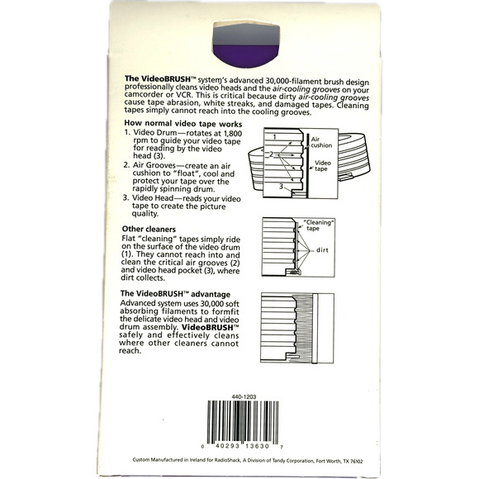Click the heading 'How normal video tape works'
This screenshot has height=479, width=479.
183,124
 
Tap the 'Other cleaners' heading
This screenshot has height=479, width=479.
149,229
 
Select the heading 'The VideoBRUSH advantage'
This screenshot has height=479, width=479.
175,294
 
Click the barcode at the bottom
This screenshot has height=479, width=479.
243,423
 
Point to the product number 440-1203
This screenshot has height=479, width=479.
244,396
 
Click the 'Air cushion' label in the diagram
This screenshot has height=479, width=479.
321,142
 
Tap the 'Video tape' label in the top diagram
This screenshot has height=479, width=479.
323,166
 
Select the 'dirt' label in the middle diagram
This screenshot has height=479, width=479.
322,250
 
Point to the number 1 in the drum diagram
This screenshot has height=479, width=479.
275,137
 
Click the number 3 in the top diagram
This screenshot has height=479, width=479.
281,186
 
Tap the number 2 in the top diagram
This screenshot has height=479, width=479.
271,154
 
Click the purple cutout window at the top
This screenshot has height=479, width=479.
246,45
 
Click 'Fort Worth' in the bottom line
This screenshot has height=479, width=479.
328,461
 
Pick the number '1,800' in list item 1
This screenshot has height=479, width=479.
233,134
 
